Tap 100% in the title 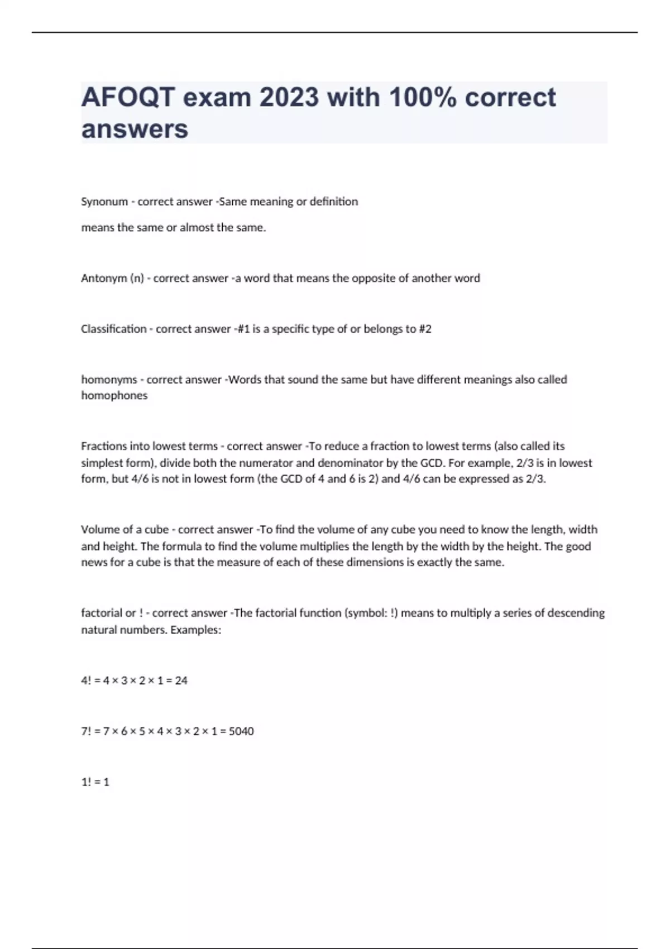(x=423, y=98)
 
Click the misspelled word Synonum (x=104, y=202)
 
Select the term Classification (x=113, y=329)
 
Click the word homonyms (x=109, y=380)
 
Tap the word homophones (x=114, y=395)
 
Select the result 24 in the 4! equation (x=181, y=680)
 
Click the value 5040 (x=241, y=731)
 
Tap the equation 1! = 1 (x=95, y=782)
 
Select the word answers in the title (x=135, y=129)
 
